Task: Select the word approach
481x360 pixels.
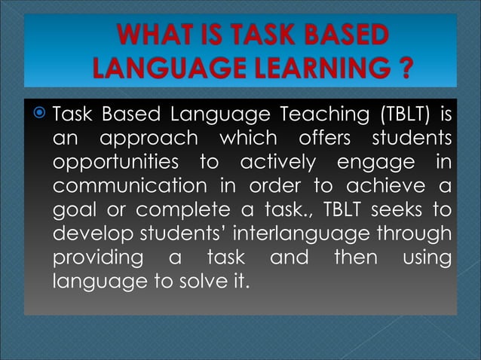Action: pos(151,141)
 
